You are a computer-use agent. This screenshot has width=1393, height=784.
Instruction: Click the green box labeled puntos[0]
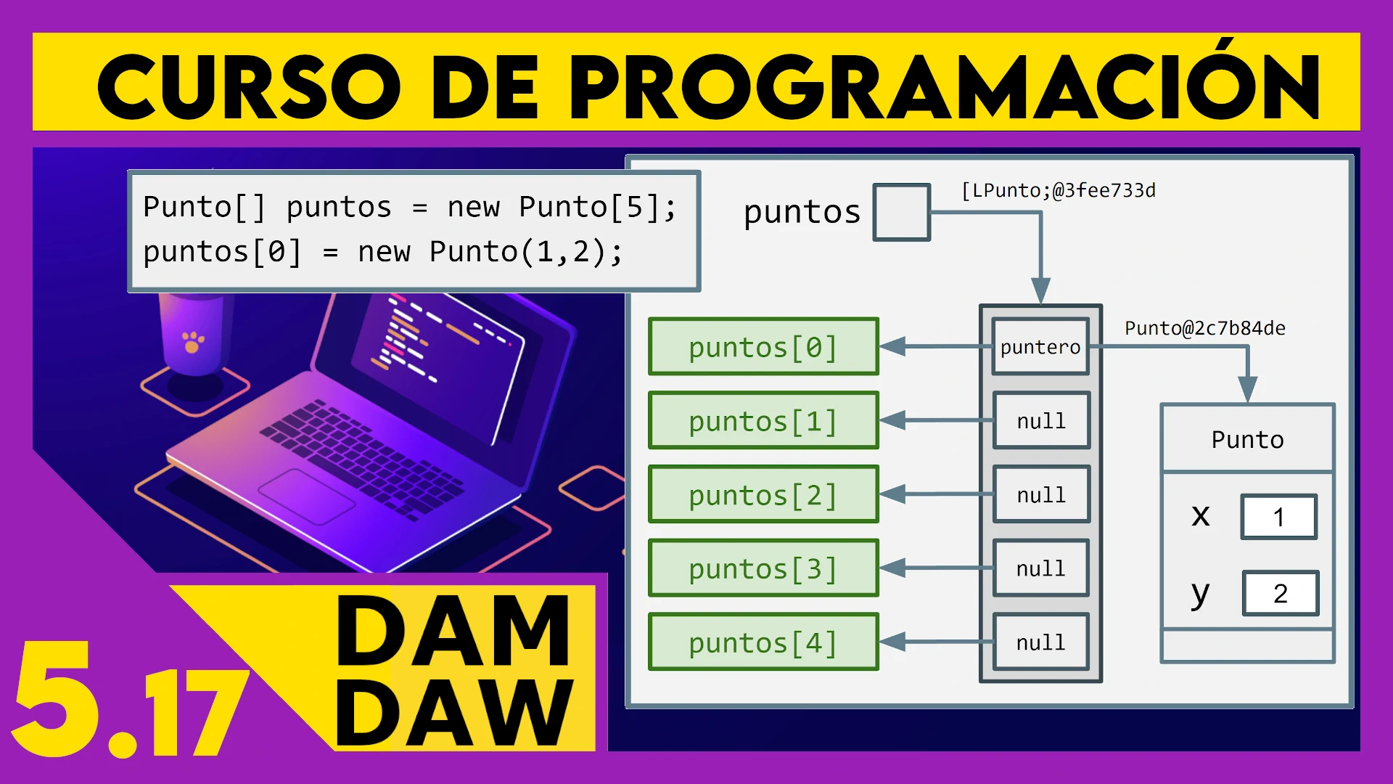[x=763, y=347]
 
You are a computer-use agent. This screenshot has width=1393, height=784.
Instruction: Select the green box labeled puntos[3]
[x=763, y=568]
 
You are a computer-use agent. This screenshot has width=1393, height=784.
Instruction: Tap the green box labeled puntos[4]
[x=763, y=642]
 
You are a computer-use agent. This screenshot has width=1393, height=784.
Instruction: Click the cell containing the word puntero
[x=1040, y=347]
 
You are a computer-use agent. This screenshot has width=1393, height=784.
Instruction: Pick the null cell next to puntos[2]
[x=1041, y=495]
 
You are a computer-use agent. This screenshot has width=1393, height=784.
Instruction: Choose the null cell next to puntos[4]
[x=1041, y=642]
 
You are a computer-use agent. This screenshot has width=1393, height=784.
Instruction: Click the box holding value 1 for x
[x=1278, y=517]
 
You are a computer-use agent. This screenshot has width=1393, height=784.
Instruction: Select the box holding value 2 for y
[x=1281, y=593]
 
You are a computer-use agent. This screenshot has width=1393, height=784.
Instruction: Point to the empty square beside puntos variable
[x=902, y=212]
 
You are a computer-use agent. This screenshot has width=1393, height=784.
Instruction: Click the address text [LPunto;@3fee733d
[x=1058, y=190]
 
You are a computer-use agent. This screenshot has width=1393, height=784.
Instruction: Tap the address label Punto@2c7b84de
[x=1204, y=328]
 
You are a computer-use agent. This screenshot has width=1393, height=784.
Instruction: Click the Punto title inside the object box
[x=1247, y=440]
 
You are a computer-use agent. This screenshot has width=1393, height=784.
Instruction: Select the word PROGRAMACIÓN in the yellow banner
[x=943, y=87]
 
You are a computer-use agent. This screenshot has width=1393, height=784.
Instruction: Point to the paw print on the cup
[x=192, y=341]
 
